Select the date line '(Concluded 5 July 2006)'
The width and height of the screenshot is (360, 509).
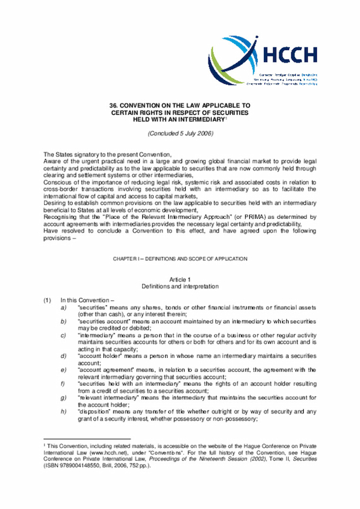(x=179, y=133)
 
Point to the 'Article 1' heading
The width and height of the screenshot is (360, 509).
(x=180, y=279)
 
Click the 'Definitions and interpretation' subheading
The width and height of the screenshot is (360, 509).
(x=180, y=286)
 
